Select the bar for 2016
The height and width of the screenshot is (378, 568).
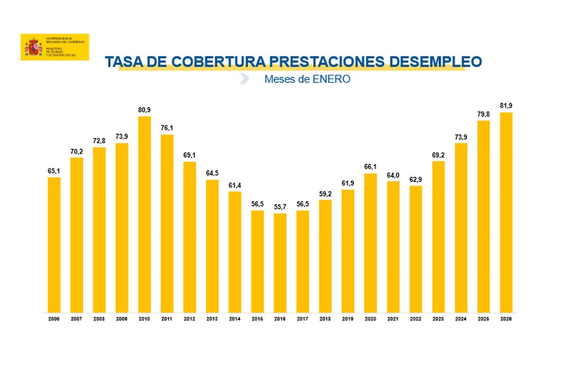click(x=280, y=263)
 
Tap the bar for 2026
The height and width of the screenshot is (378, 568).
click(x=506, y=212)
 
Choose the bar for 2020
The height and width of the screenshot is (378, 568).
click(x=371, y=243)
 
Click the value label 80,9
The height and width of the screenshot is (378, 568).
click(x=144, y=110)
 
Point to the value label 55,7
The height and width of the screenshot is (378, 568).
click(x=280, y=207)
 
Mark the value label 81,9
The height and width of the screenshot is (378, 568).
click(x=506, y=106)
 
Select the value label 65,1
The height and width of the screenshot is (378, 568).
click(x=54, y=171)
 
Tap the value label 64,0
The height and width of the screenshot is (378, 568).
click(x=393, y=175)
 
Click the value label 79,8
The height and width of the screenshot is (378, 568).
click(x=484, y=114)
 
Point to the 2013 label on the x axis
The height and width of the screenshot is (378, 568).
click(x=212, y=319)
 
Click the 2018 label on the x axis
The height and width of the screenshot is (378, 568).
click(x=325, y=319)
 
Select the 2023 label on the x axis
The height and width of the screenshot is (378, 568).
click(x=438, y=319)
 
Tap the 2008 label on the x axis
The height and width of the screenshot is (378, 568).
click(x=99, y=319)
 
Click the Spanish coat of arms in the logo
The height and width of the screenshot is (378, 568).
click(x=33, y=47)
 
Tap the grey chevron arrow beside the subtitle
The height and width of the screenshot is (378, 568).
click(x=244, y=79)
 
